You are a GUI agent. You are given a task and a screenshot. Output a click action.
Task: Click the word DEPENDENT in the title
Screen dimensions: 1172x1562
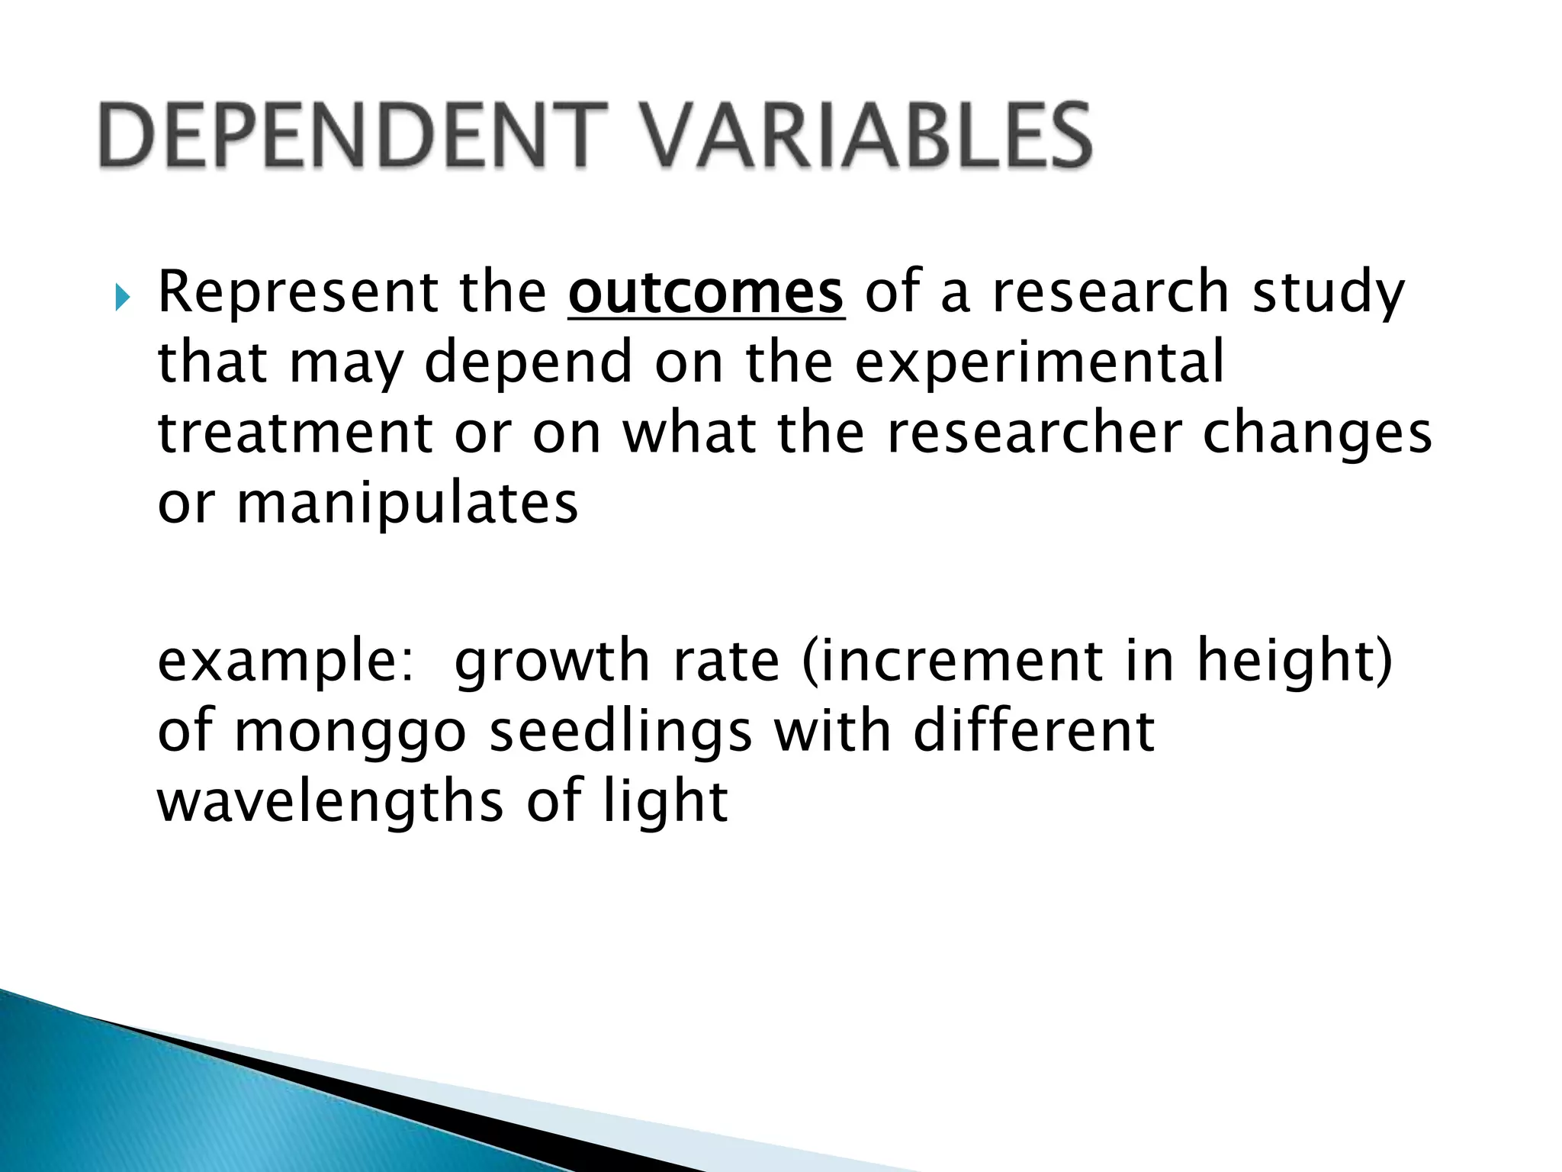pos(348,136)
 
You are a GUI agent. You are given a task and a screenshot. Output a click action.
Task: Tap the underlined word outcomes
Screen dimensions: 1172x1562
pos(705,293)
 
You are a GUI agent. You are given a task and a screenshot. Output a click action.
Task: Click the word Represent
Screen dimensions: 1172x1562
pos(297,293)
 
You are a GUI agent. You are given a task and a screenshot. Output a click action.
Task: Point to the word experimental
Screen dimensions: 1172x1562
pos(1039,363)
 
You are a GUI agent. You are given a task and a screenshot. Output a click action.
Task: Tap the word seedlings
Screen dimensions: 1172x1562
pos(620,732)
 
